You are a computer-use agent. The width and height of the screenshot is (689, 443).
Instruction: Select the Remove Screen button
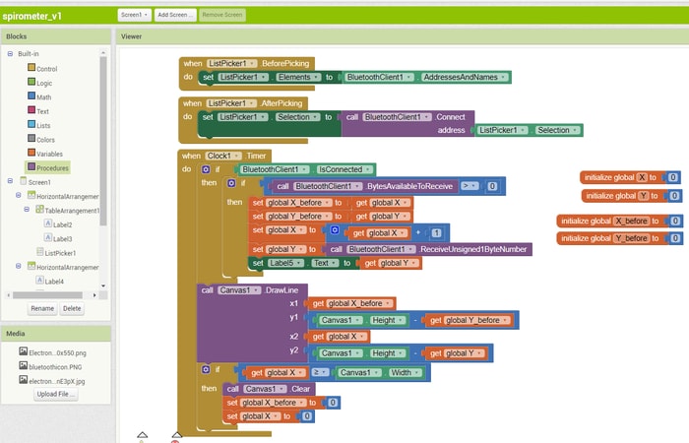point(223,15)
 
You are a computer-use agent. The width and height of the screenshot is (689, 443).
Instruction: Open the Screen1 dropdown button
point(132,15)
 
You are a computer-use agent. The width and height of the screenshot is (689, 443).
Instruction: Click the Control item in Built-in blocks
point(45,68)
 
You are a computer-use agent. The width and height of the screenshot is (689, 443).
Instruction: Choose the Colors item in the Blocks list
point(45,139)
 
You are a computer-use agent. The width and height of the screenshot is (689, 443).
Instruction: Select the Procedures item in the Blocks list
point(52,167)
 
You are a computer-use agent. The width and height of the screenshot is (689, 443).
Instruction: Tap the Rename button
point(41,308)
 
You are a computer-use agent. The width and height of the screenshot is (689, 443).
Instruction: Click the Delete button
point(72,308)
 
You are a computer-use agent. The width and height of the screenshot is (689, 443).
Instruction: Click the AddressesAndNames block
point(463,77)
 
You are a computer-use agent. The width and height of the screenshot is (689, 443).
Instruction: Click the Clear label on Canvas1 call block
point(300,388)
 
